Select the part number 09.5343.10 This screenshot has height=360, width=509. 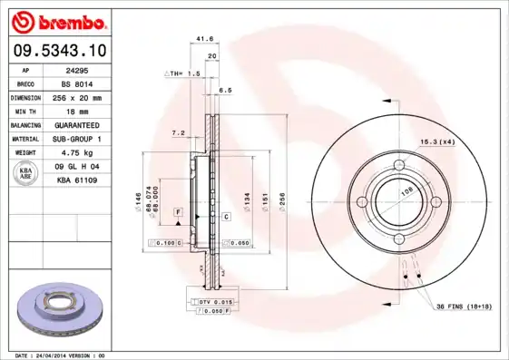pyautogui.click(x=62, y=50)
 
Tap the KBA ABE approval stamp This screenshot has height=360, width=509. pyautogui.click(x=26, y=174)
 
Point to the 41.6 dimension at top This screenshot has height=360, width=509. pyautogui.click(x=204, y=39)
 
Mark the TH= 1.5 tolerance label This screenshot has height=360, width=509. pyautogui.click(x=182, y=73)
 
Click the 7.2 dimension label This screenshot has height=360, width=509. pyautogui.click(x=178, y=132)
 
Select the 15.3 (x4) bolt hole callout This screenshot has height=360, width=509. pyautogui.click(x=436, y=141)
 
